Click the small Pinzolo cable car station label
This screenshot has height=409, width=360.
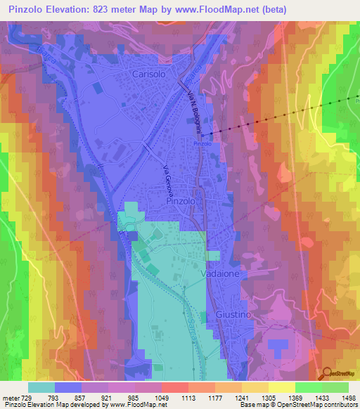pyautogui.click(x=202, y=143)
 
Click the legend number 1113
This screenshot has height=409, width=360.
pyautogui.click(x=169, y=397)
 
